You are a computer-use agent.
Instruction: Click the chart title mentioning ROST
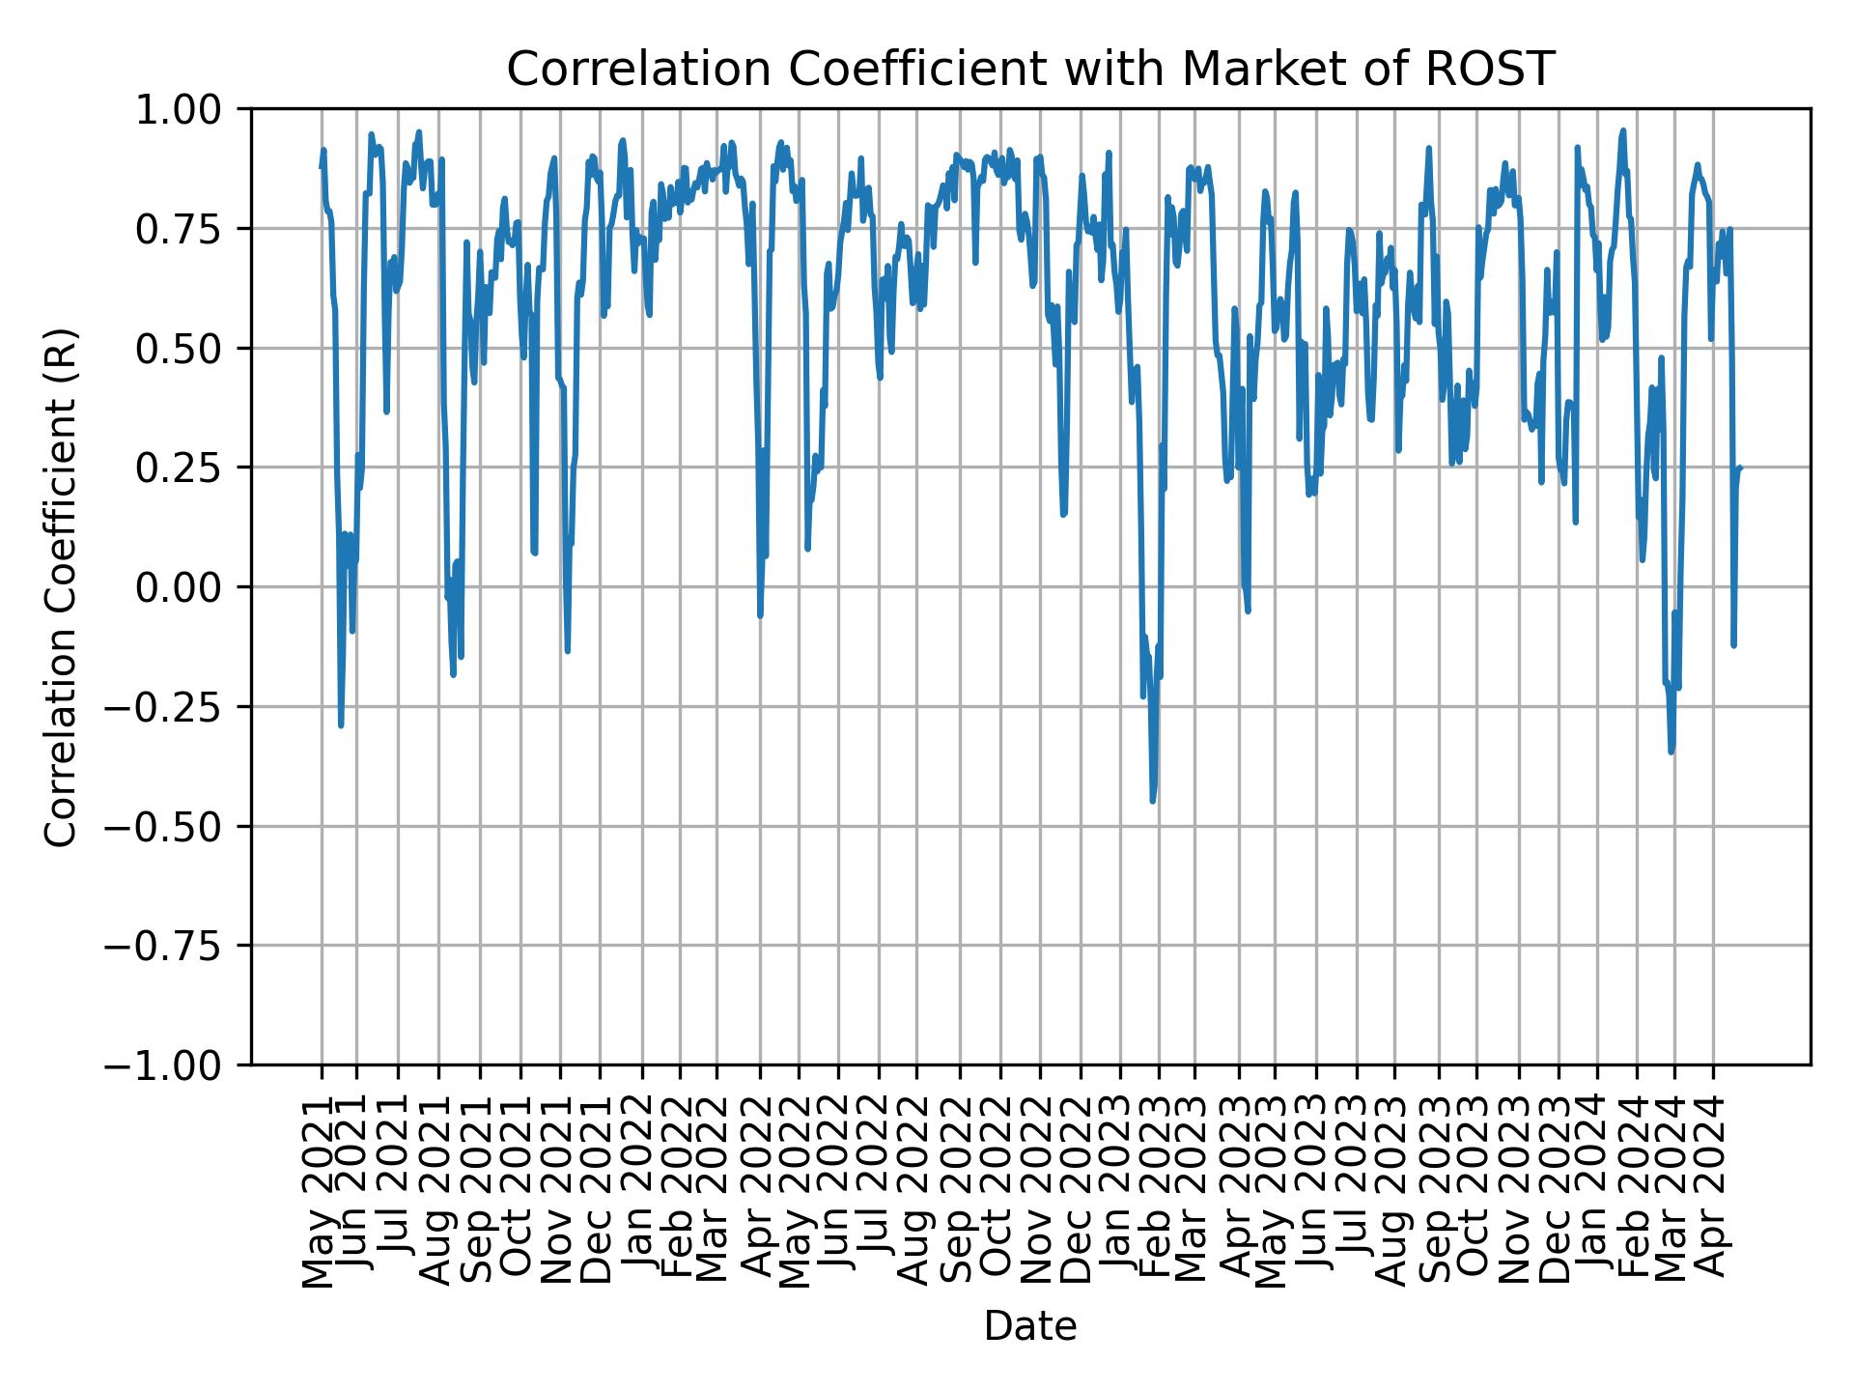click(x=1030, y=70)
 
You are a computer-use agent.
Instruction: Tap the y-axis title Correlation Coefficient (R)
click(x=61, y=586)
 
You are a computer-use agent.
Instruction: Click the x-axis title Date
click(x=1030, y=1326)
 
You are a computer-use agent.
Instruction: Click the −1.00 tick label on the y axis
click(x=176, y=1065)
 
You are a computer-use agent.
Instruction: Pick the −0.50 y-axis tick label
click(x=176, y=826)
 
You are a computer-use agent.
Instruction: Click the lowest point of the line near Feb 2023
click(x=1153, y=801)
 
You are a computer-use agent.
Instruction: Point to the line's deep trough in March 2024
click(x=1671, y=752)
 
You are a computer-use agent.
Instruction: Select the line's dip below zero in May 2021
click(x=341, y=725)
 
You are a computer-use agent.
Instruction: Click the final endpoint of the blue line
click(x=1741, y=468)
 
